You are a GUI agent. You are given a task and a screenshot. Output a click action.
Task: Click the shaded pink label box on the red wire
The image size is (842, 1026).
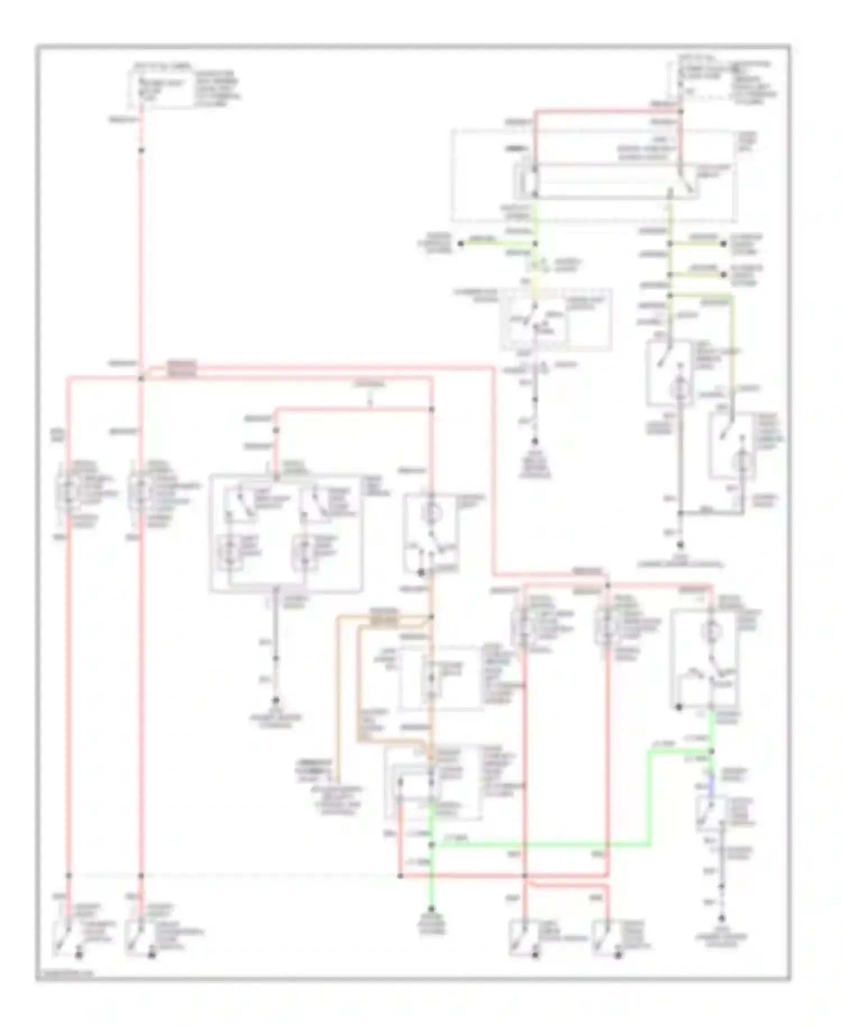tap(182, 368)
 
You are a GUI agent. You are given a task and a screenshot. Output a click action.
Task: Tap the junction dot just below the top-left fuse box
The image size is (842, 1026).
tap(141, 150)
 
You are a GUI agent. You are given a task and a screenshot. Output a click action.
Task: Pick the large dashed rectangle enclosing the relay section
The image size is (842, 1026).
tap(593, 176)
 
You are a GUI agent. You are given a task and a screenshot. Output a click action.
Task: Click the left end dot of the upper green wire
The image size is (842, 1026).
tap(460, 244)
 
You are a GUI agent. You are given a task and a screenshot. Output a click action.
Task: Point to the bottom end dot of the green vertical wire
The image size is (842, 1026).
tap(432, 908)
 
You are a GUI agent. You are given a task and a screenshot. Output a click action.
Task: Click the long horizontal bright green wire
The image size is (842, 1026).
tap(539, 844)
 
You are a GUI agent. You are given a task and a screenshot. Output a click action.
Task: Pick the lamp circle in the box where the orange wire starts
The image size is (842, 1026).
tap(432, 512)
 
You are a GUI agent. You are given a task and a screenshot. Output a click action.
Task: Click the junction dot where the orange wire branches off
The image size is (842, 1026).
tap(432, 617)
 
